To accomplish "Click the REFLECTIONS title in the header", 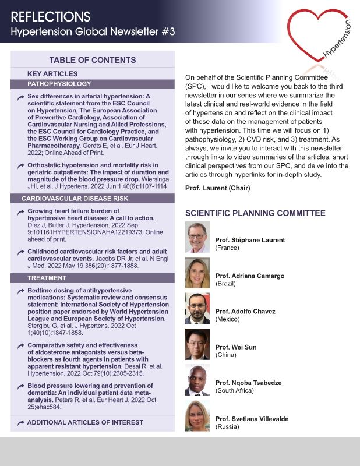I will [50, 16].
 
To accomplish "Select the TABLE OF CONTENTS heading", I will [93, 60].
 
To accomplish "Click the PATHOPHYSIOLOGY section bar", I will [93, 84].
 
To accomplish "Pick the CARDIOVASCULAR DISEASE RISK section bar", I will [93, 199].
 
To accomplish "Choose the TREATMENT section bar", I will [93, 278].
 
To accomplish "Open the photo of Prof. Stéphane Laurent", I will [197, 237].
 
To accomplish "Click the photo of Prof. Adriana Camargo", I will [197, 273].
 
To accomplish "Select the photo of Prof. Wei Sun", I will [197, 344].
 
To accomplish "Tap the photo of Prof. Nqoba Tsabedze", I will [197, 380].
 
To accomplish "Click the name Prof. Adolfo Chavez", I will [245, 312].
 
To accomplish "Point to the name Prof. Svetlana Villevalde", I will [252, 419].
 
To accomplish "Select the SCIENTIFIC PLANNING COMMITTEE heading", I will [255, 213].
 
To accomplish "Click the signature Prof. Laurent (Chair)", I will [217, 188].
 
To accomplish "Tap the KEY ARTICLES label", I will [52, 74].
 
